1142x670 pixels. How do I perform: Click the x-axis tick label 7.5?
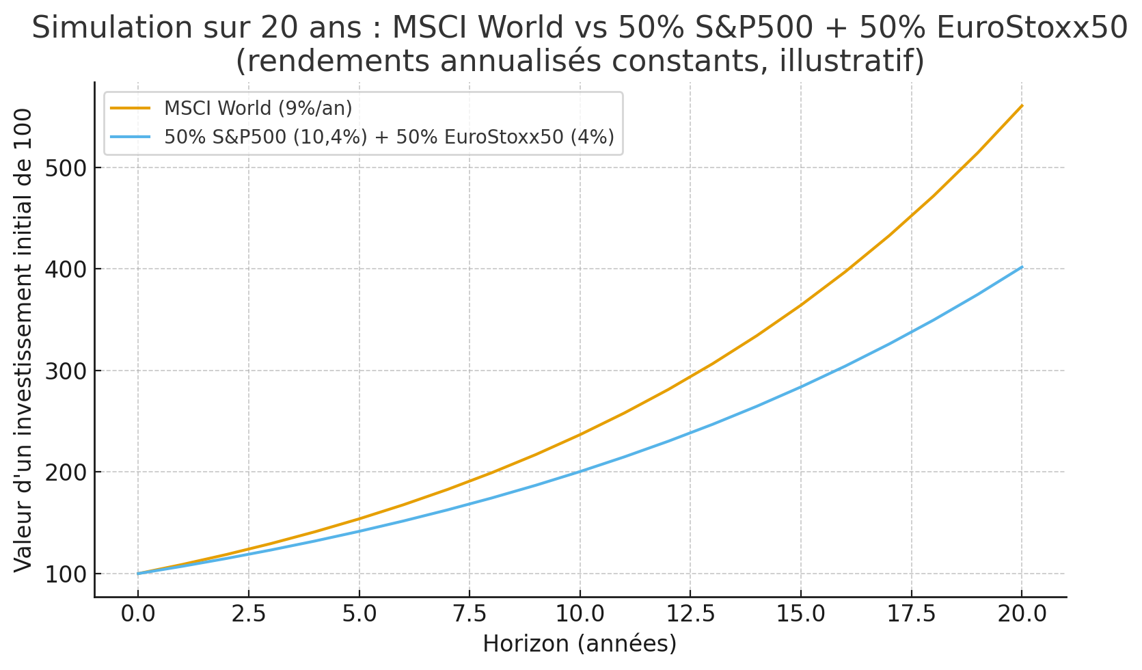pos(469,614)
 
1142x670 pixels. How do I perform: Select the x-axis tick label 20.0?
pos(1021,614)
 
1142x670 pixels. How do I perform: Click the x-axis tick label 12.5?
pos(690,614)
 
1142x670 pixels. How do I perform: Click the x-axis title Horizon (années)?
pos(580,644)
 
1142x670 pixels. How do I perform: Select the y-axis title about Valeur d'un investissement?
pos(23,340)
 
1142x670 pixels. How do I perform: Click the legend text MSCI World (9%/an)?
pos(258,108)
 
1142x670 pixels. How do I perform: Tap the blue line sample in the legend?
pos(130,137)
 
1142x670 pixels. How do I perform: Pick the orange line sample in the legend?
pos(130,108)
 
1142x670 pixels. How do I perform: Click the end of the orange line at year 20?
pos(1021,106)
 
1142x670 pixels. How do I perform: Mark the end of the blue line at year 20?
pos(1021,267)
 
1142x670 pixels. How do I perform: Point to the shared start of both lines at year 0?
pos(138,574)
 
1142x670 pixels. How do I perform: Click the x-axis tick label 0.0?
pos(138,614)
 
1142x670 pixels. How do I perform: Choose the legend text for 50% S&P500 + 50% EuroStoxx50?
pos(389,137)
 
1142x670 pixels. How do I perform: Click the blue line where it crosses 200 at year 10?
pos(580,472)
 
